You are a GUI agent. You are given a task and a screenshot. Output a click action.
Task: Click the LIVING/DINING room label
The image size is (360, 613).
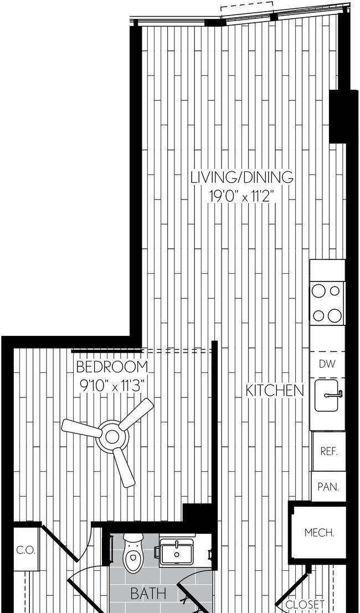(241, 177)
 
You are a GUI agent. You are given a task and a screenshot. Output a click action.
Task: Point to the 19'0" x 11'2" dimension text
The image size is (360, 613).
(241, 196)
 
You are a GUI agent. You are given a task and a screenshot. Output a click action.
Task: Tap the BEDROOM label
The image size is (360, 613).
(112, 367)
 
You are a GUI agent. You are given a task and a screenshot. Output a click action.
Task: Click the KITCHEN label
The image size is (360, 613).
(275, 390)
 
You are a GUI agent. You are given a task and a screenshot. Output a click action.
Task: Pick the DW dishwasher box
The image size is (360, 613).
(327, 364)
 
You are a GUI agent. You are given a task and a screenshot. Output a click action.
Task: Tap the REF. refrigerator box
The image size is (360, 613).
(329, 452)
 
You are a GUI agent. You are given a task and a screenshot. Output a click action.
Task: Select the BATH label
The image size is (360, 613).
(148, 594)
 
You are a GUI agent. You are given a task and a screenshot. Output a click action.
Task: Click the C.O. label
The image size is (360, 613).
(26, 550)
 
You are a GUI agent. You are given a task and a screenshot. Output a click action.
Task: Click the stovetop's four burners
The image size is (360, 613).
(327, 303)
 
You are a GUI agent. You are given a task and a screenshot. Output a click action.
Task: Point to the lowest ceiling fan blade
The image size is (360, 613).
(124, 468)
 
